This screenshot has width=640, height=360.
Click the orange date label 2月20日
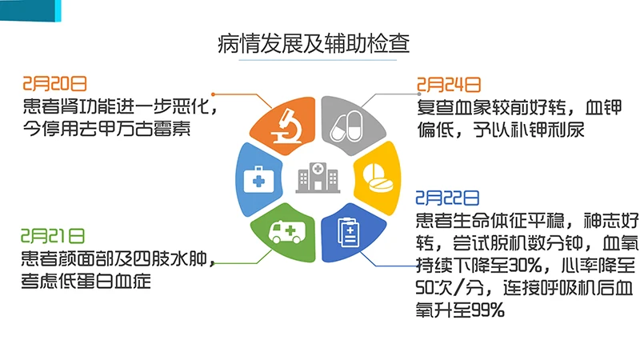(x=54, y=83)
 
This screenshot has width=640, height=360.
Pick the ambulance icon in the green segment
(x=285, y=234)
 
